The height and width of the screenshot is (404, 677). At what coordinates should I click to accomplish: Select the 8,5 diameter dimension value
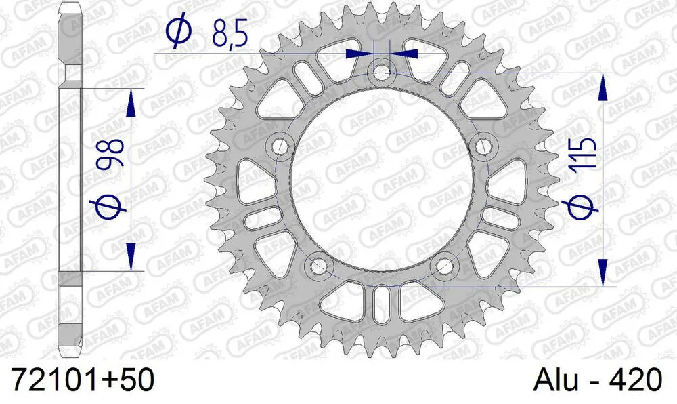[x=229, y=32]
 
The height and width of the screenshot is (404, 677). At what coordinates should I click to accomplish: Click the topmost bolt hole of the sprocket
[x=382, y=70]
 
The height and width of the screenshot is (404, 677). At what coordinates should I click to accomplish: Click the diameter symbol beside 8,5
[x=177, y=32]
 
